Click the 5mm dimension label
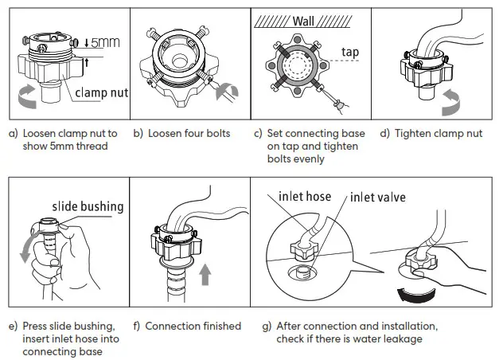tap(105, 43)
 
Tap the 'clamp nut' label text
tap(101, 93)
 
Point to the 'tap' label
tap(349, 53)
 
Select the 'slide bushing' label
tap(88, 207)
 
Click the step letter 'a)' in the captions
tap(13, 134)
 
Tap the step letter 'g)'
tap(267, 326)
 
